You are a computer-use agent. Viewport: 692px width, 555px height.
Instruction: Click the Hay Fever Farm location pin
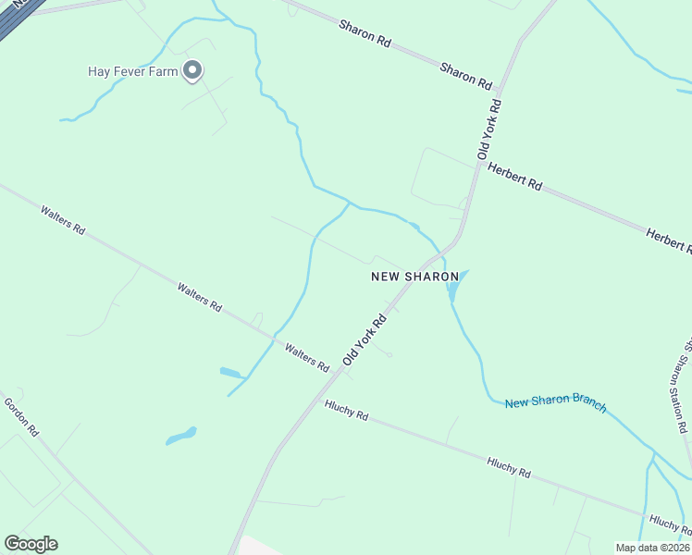pos(192,70)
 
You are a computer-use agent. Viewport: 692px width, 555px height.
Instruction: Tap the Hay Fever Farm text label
pos(132,71)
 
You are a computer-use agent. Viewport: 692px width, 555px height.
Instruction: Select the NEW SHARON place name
pos(414,277)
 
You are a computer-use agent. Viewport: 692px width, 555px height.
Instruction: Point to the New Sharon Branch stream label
pos(555,403)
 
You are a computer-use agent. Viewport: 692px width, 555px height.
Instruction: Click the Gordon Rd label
pos(20,417)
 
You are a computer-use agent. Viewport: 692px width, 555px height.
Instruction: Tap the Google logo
pos(31,544)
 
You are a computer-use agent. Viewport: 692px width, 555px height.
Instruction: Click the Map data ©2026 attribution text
pos(652,548)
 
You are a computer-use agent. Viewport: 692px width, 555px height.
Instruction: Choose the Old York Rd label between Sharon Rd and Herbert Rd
pos(490,129)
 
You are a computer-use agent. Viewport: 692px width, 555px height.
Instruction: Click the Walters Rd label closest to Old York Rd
pos(307,358)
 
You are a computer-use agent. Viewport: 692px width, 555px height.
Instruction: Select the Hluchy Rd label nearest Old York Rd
pos(347,411)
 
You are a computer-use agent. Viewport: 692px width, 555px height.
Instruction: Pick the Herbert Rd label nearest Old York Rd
pos(515,177)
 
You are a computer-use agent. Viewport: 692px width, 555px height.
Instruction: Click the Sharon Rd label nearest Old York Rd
pos(466,76)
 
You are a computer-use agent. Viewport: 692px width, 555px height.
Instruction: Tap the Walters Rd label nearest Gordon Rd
pos(63,219)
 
